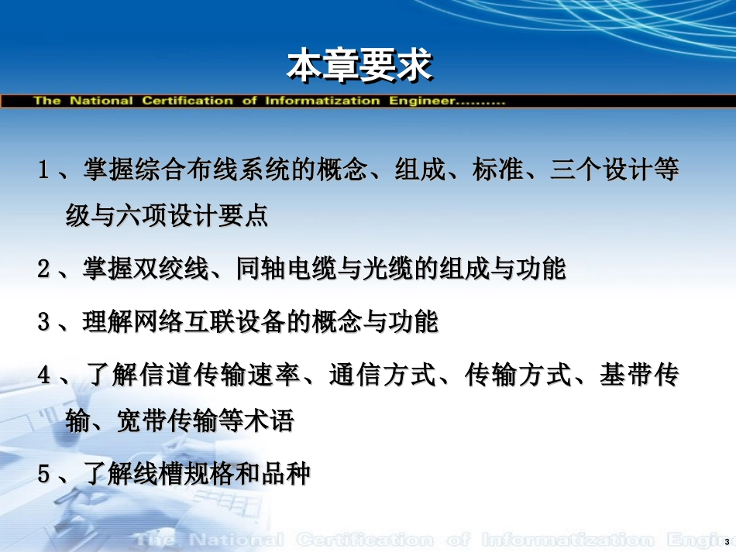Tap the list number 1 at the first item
coord(44,170)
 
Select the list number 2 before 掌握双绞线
coord(44,270)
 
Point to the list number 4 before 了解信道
coord(44,375)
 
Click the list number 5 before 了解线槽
coord(44,474)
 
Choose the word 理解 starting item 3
coord(104,321)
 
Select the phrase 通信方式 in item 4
coord(376,375)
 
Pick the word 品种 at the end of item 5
coord(290,474)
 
